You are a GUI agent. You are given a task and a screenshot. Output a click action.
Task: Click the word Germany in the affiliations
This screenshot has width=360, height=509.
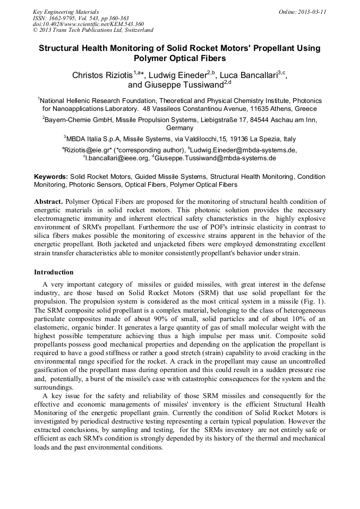(180, 128)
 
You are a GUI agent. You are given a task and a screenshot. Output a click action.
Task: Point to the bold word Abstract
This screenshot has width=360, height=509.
(49, 202)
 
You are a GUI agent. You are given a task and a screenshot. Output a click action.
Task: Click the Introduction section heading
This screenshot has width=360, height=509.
(54, 272)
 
